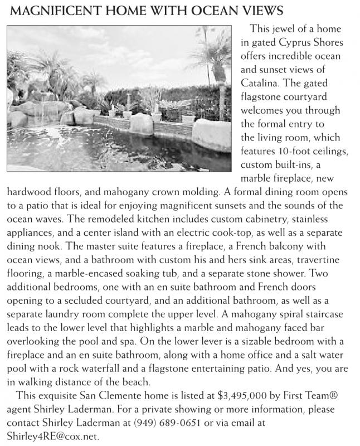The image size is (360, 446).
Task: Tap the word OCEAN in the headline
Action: tap(219, 11)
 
